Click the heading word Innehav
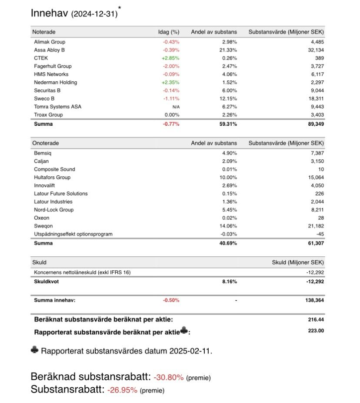coord(50,13)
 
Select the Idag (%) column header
coord(169,32)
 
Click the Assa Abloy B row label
coord(49,50)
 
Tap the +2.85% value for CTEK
coord(171,58)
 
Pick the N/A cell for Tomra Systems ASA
coord(176,107)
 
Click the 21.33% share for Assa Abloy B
coord(228,50)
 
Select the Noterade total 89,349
coord(315,124)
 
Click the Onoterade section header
coord(46,143)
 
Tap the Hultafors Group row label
coord(52,178)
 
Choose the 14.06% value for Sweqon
coord(228,226)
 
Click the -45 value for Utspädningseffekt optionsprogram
coord(320,234)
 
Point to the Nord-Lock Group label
coord(54,210)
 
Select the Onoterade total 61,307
coord(315,243)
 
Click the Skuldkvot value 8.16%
coord(229,282)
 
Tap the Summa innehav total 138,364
coord(313,300)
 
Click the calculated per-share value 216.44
coord(316,319)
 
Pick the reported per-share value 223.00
coord(316,331)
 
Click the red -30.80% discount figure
coord(168,377)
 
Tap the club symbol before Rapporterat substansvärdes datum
coord(35,350)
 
